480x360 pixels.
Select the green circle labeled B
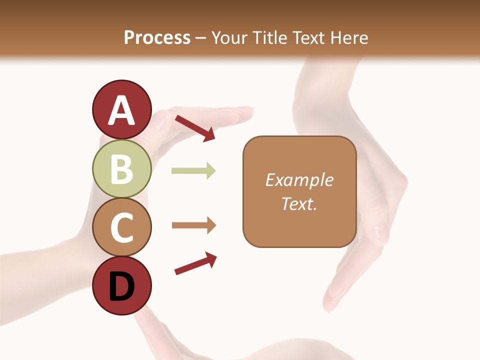[121, 168]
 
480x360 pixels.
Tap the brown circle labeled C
[121, 227]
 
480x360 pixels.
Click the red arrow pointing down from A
[195, 128]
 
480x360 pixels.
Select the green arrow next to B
[193, 171]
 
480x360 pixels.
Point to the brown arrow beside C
[193, 225]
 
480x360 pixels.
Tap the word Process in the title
[157, 37]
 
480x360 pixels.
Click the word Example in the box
[299, 180]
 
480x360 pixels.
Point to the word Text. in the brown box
[299, 203]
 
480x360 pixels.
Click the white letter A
[121, 110]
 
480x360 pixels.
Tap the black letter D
[121, 286]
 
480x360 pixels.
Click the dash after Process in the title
[201, 38]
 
